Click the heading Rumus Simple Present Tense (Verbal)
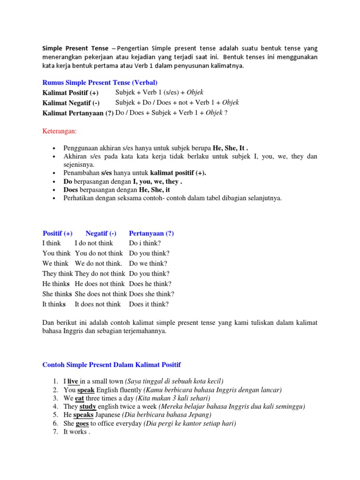(x=100, y=82)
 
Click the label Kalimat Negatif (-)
(x=71, y=103)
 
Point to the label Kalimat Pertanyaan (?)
(x=78, y=113)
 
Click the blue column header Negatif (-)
(x=101, y=233)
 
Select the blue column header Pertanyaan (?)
(x=151, y=233)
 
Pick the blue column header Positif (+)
(x=57, y=233)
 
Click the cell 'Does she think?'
(x=151, y=294)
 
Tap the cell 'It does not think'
(x=97, y=304)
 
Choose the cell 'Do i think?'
(x=145, y=243)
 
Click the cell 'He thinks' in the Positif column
(x=56, y=284)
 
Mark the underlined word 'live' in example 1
(x=73, y=381)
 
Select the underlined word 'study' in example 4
(x=88, y=406)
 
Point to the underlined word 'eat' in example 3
(x=80, y=398)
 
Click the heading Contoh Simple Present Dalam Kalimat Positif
(x=112, y=364)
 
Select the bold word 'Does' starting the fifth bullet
(x=72, y=190)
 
